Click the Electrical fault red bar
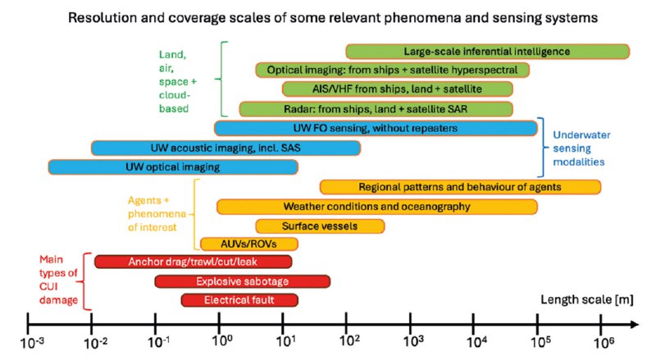click(239, 300)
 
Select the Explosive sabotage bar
click(242, 281)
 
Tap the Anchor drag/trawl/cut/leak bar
click(193, 262)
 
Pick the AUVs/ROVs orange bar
click(249, 244)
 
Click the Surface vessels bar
click(320, 226)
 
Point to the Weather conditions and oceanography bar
click(377, 207)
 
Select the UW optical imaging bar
click(173, 167)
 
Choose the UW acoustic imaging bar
click(225, 148)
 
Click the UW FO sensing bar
click(376, 128)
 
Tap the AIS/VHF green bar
click(397, 89)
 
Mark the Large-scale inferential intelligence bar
click(487, 52)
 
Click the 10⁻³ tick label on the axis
click(32, 343)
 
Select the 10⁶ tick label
click(604, 343)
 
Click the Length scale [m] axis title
click(587, 299)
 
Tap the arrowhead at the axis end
click(635, 325)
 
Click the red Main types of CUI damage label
click(58, 280)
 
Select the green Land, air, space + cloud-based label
click(177, 81)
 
